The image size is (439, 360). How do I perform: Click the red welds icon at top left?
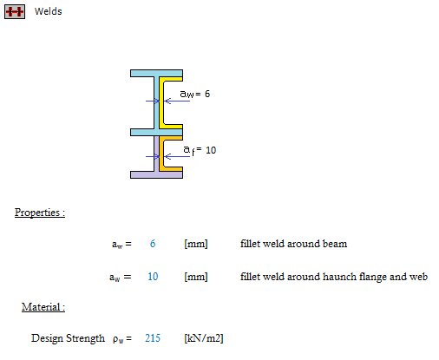click(15, 12)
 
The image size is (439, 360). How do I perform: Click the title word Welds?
click(48, 11)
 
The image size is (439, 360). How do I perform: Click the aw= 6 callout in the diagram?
click(194, 94)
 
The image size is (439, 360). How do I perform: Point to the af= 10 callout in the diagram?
click(200, 150)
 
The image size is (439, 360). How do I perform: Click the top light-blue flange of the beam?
click(156, 73)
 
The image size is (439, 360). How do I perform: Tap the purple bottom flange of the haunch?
click(156, 174)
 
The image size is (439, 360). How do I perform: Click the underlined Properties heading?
click(40, 213)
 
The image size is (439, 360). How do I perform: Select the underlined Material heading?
click(43, 307)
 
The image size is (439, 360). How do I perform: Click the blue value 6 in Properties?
click(153, 244)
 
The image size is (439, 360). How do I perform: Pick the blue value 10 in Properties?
click(153, 277)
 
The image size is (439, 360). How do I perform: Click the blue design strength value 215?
click(153, 338)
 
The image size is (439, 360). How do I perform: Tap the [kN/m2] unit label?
click(204, 338)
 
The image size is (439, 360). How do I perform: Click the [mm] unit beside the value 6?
click(196, 244)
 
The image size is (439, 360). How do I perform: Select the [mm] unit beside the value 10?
click(196, 277)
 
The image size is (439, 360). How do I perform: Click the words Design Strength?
click(68, 338)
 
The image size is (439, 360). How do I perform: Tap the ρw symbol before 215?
click(119, 339)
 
